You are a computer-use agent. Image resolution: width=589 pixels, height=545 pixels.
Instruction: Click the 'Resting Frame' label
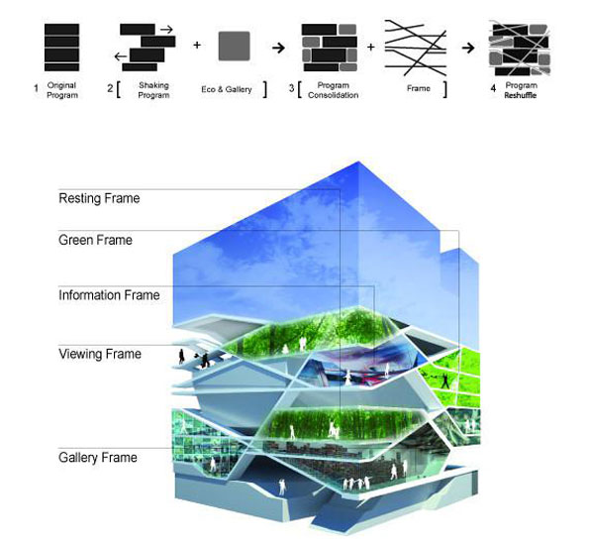click(99, 198)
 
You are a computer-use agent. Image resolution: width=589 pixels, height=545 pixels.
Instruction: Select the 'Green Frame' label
click(95, 240)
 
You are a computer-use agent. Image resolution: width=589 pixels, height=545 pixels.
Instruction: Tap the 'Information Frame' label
click(109, 295)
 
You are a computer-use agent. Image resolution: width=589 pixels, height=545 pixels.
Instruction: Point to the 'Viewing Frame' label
click(100, 354)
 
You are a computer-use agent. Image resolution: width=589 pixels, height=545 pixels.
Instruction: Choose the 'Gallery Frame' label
click(98, 458)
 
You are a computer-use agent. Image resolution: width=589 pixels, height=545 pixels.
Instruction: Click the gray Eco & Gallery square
click(235, 46)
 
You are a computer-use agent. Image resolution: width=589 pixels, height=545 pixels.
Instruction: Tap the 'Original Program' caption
click(62, 90)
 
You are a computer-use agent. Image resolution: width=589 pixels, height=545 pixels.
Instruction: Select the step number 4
click(493, 88)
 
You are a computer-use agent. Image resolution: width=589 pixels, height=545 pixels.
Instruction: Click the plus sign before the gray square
click(197, 46)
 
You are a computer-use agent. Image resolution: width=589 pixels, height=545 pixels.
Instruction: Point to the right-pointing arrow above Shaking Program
click(166, 30)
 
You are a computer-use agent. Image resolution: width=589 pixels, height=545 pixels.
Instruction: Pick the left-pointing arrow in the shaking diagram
click(120, 56)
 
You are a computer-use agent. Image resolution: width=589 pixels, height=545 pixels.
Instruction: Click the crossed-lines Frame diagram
click(416, 48)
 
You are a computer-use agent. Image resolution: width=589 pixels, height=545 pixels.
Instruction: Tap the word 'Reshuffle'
click(521, 95)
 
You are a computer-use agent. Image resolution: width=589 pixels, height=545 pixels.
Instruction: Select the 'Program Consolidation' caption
click(334, 90)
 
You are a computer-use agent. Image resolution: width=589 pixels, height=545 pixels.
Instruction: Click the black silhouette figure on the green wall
click(445, 381)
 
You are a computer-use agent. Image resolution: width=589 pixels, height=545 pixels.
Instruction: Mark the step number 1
click(36, 89)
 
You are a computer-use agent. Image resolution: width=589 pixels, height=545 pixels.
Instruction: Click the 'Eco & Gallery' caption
click(227, 89)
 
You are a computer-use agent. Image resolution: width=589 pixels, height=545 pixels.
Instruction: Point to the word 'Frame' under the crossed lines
click(419, 88)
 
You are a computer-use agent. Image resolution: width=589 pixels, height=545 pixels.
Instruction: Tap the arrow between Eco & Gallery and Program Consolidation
click(278, 48)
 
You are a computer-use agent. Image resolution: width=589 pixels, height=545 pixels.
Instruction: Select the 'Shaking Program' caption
click(153, 90)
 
